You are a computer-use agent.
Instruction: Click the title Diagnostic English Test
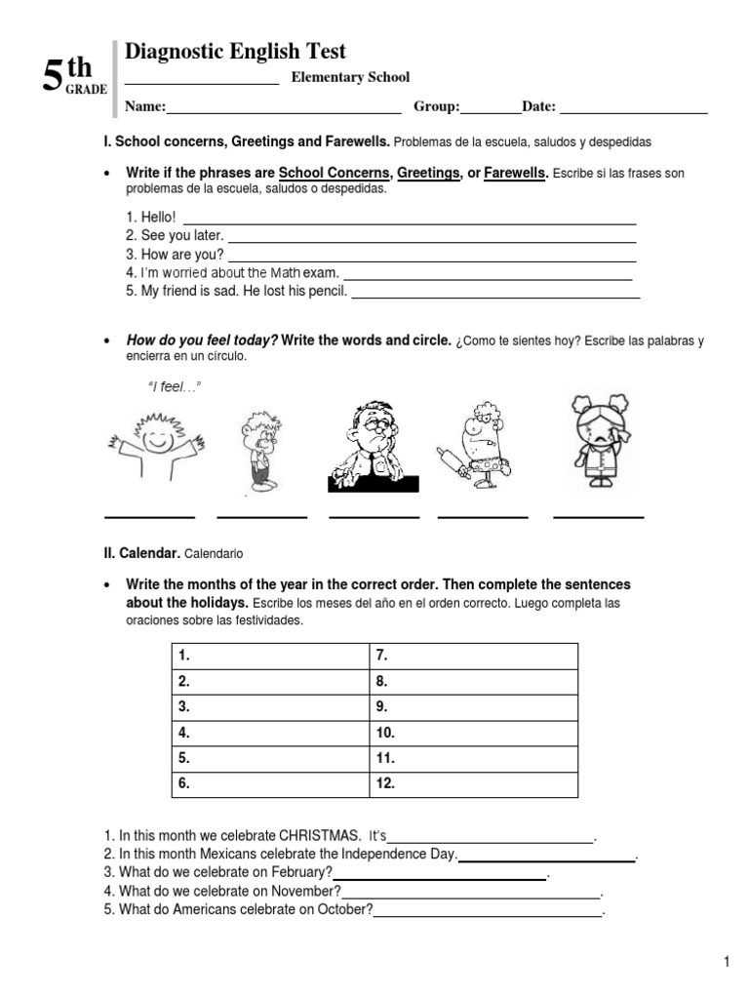click(235, 52)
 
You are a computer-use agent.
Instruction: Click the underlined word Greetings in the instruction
click(428, 173)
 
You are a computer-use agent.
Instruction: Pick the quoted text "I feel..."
click(173, 388)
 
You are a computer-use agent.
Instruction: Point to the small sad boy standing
click(258, 450)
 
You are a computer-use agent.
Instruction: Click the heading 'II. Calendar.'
click(141, 553)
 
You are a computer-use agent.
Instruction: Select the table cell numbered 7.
click(474, 657)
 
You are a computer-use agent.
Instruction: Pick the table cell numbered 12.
click(474, 783)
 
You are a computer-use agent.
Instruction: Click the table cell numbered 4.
click(271, 733)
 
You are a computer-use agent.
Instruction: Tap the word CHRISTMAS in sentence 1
click(320, 836)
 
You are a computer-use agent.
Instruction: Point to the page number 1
click(727, 963)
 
